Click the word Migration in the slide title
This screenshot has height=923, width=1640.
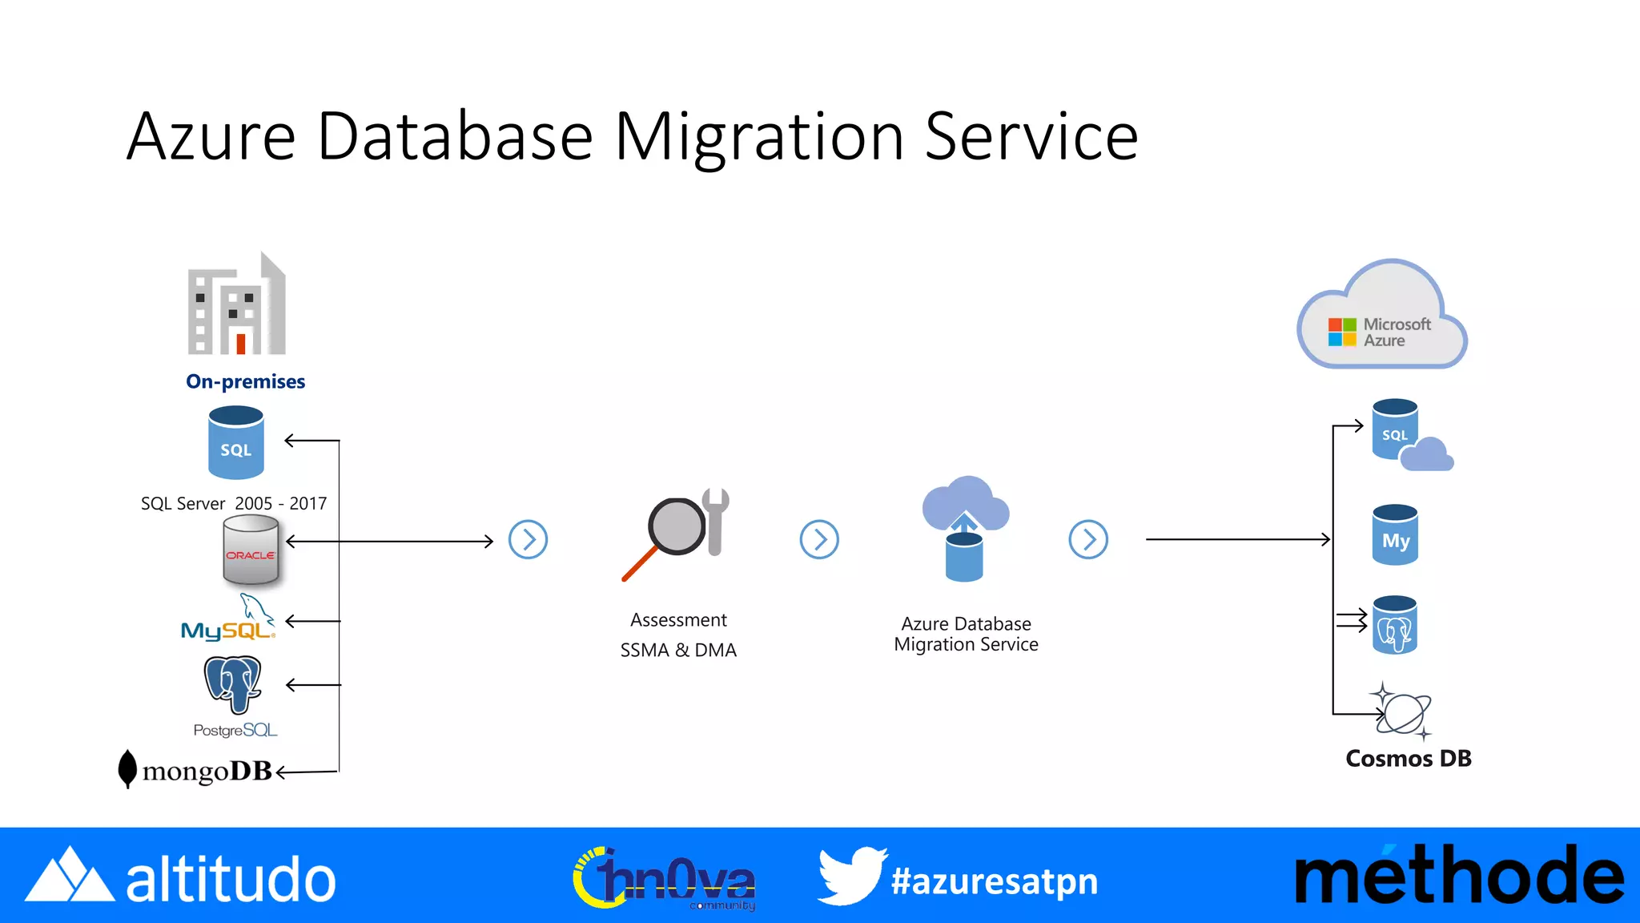pos(759,137)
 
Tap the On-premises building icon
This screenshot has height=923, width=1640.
pos(237,305)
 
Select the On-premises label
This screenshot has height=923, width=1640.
pos(245,381)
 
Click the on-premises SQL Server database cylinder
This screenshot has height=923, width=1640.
pos(236,442)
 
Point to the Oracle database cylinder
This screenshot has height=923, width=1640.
pos(251,550)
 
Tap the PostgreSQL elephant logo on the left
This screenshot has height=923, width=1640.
pos(233,683)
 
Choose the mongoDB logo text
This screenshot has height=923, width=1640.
pos(207,771)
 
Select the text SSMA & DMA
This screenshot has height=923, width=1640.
pos(678,650)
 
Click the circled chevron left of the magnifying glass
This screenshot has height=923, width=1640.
pos(529,540)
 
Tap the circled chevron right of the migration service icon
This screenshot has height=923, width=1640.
pos(1088,540)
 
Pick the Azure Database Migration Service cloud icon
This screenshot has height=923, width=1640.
pos(966,529)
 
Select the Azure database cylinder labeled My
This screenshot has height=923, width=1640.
pos(1396,536)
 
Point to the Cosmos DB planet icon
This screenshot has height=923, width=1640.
pos(1403,711)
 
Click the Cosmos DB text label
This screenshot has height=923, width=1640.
pos(1409,758)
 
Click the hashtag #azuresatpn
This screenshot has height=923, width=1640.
pos(995,881)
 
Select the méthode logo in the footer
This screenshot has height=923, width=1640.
pos(1459,877)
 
